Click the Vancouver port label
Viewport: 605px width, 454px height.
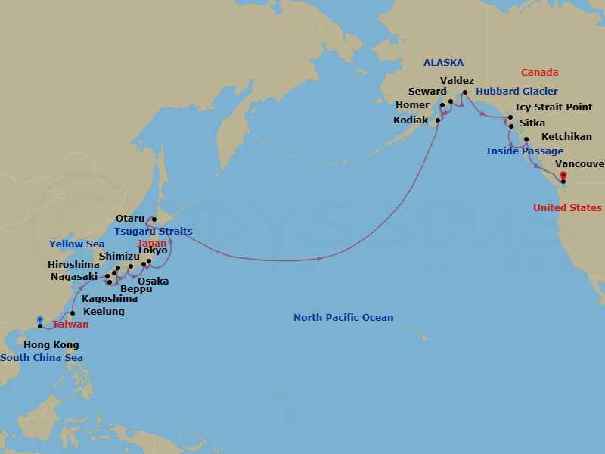579,163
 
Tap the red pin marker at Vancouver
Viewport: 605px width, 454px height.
563,176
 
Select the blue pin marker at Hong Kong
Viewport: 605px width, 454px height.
40,320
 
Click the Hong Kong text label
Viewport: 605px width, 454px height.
51,345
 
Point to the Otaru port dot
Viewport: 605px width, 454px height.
154,219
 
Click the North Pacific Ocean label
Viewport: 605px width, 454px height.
343,318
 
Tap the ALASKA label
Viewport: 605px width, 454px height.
443,63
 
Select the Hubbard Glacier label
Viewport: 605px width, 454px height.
517,92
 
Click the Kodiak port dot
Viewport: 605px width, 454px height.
437,120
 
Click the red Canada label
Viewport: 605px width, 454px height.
539,73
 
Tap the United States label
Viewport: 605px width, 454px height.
567,208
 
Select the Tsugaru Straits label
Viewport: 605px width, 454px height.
154,232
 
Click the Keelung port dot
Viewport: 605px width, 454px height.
73,313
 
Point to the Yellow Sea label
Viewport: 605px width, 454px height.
76,244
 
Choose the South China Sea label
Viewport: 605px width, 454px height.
42,358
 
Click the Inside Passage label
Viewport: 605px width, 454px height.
524,151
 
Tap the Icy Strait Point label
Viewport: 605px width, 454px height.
554,107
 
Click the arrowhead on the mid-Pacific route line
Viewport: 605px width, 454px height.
321,259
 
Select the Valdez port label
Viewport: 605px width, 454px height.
457,80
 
